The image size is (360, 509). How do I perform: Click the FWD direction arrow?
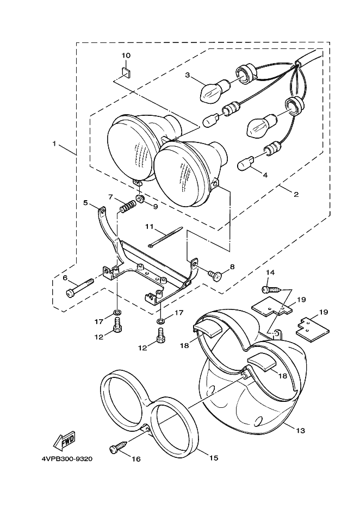(64, 441)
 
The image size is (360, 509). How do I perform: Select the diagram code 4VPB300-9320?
(67, 460)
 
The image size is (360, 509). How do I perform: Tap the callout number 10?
(126, 55)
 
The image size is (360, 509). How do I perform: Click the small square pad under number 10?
(127, 73)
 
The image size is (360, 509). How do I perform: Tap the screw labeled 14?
(271, 289)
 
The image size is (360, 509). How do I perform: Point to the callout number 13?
(301, 431)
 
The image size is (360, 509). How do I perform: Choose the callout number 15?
(214, 458)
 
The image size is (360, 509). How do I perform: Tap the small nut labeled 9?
(140, 198)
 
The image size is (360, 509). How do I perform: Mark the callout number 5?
(85, 202)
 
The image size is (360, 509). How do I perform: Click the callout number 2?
(296, 195)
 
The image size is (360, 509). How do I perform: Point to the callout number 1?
(54, 143)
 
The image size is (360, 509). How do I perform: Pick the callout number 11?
(149, 226)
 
